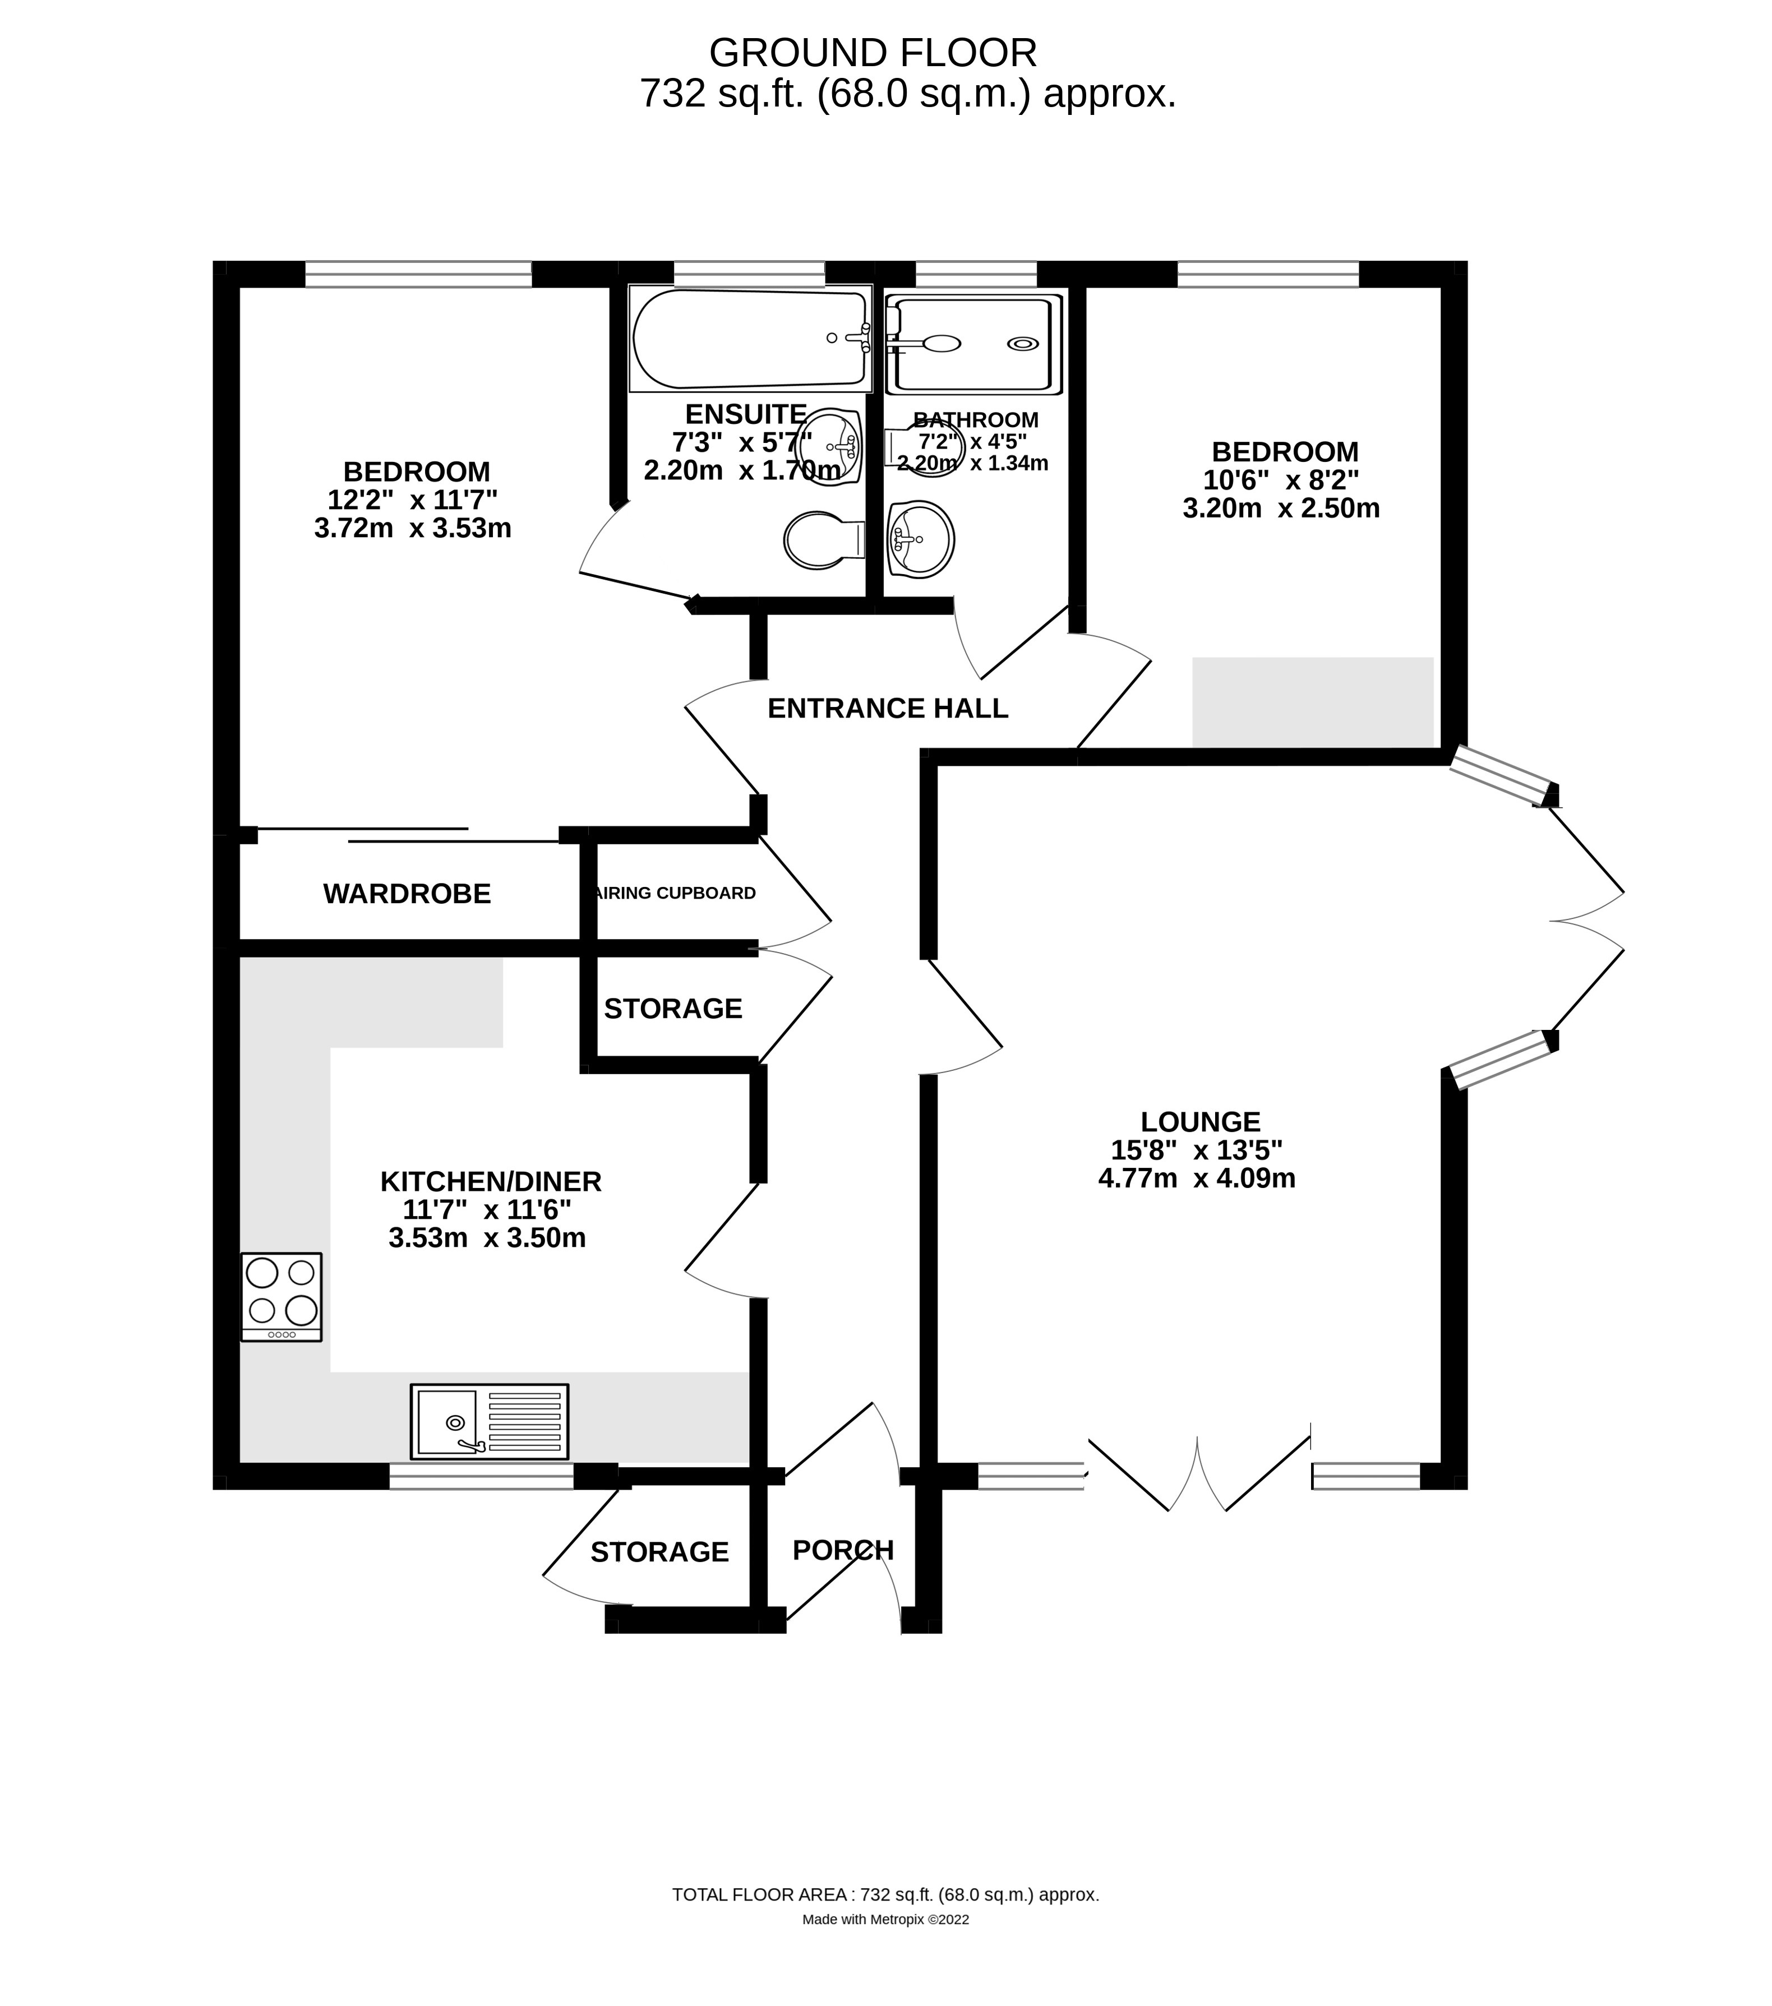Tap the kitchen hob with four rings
[281, 1296]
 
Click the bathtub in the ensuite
[750, 339]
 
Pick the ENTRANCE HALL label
[888, 709]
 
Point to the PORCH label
[842, 1550]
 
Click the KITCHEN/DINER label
[491, 1181]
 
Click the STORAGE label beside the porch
[659, 1552]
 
